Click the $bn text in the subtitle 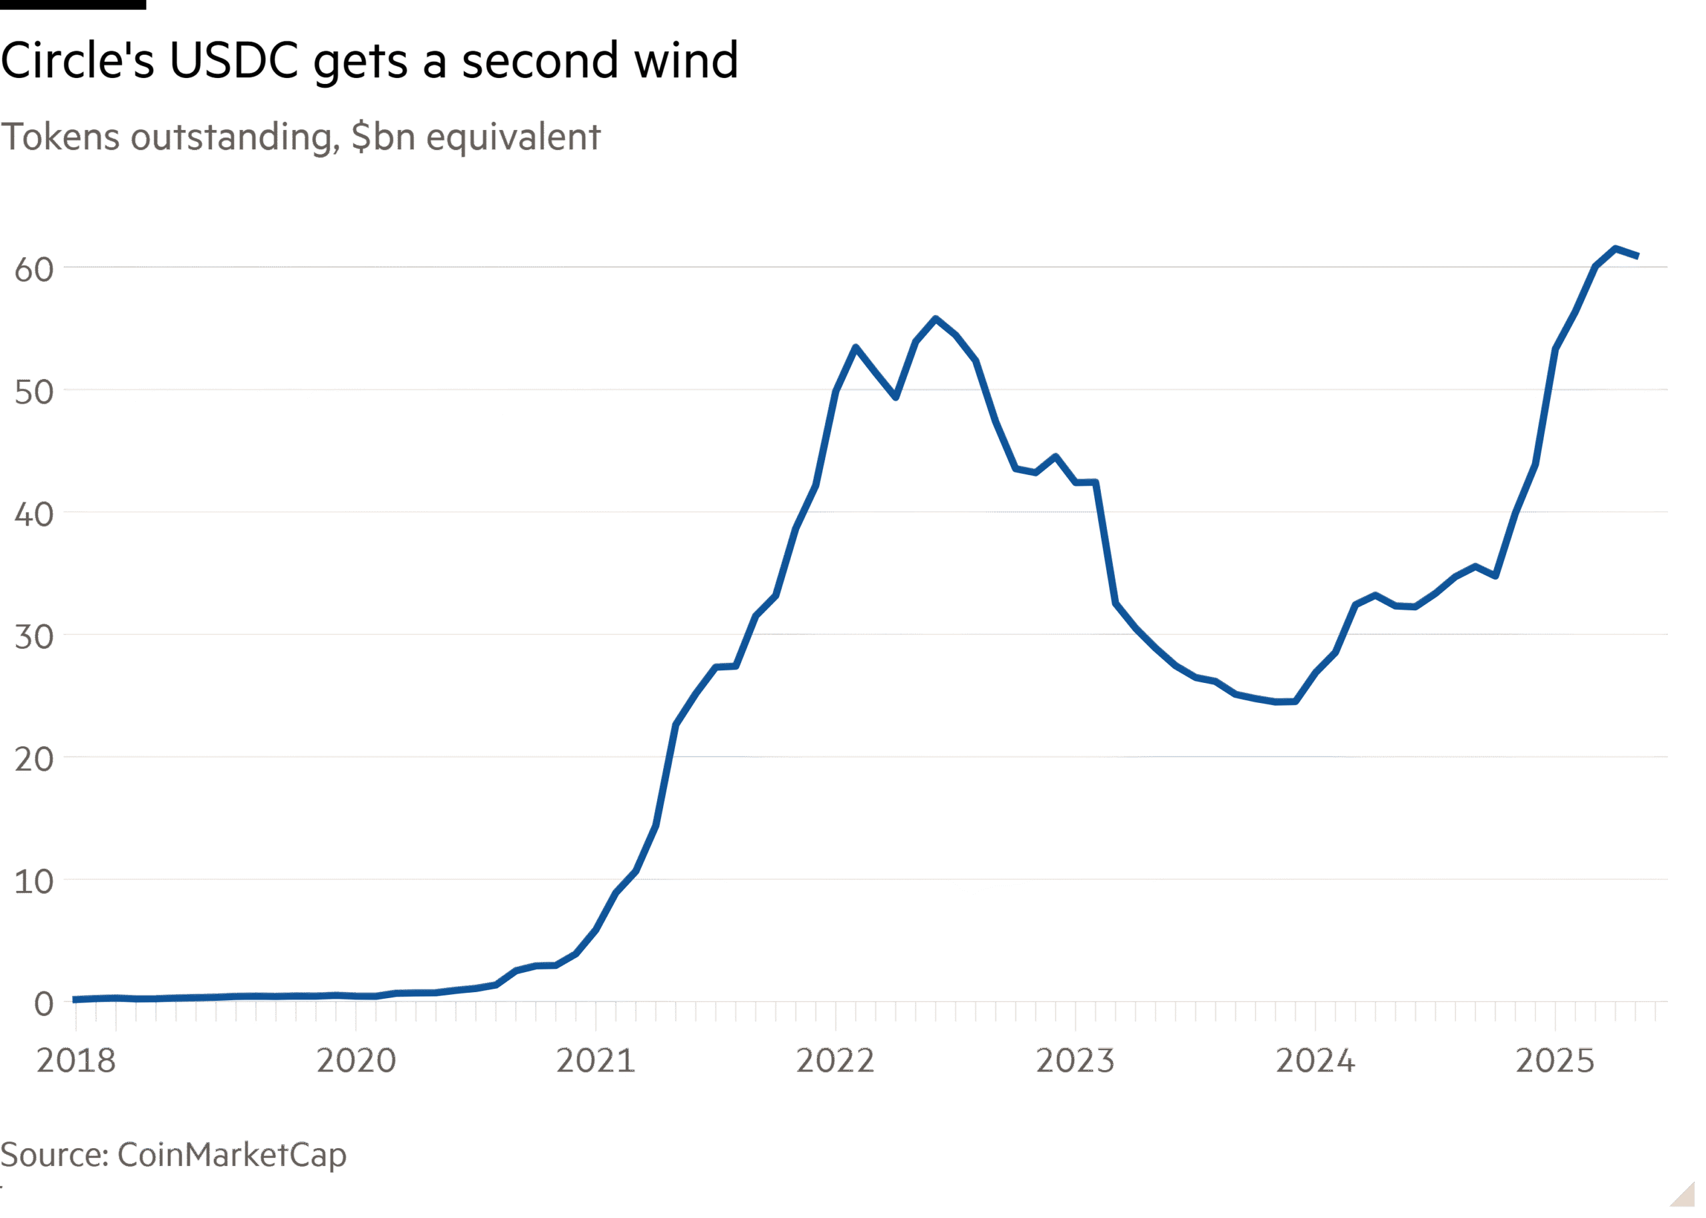click(383, 137)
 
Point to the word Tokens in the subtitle click(60, 137)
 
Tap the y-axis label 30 click(35, 638)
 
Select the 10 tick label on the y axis click(35, 882)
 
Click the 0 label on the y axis click(43, 1003)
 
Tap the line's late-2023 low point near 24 click(1282, 703)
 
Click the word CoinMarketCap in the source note click(232, 1154)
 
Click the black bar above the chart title click(73, 5)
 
